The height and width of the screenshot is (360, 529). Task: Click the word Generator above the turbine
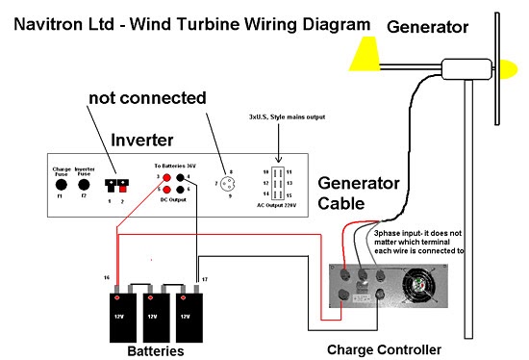(x=426, y=27)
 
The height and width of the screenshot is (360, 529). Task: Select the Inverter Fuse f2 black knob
(x=85, y=183)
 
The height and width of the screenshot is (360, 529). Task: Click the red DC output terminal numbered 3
(x=166, y=177)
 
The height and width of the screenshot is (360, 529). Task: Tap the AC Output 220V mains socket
(x=278, y=182)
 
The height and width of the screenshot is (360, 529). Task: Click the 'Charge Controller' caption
(x=384, y=348)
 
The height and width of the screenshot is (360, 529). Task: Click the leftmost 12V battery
(x=118, y=315)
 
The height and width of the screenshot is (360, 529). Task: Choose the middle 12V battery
(x=154, y=315)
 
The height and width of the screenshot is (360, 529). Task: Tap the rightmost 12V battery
(x=189, y=315)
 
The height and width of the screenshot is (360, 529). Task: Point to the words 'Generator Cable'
(x=356, y=193)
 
